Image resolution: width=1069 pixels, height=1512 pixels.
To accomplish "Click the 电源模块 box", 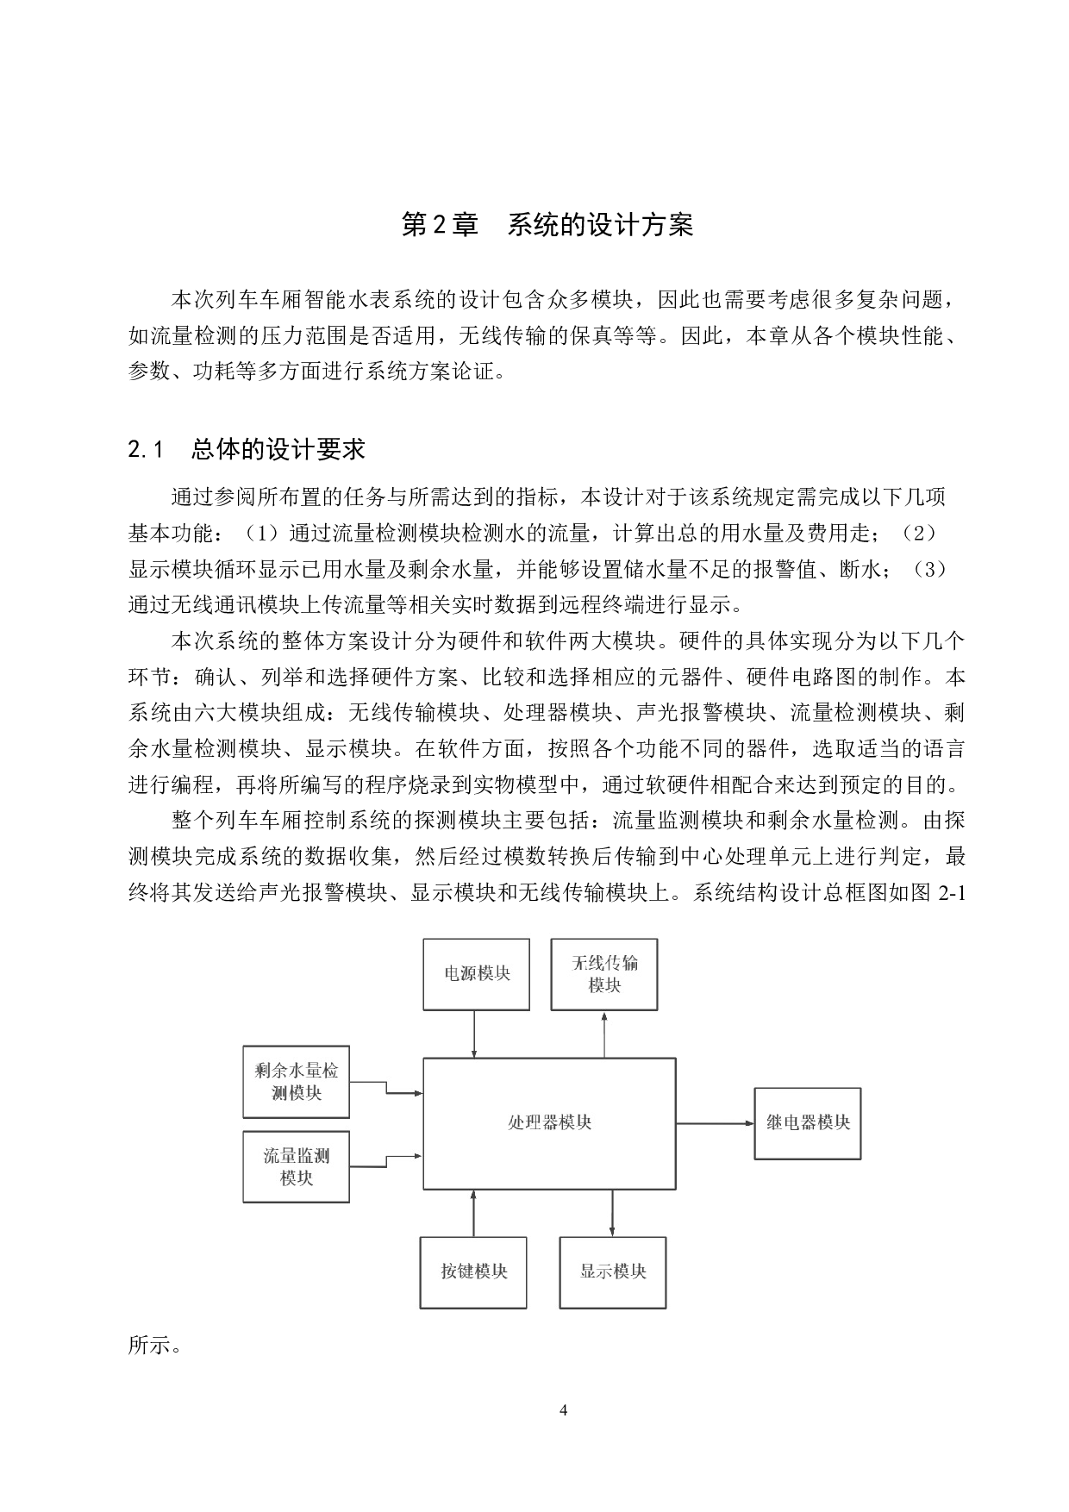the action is (476, 974).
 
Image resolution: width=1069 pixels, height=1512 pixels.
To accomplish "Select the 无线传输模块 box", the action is (604, 974).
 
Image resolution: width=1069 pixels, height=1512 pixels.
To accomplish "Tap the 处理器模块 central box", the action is (549, 1122).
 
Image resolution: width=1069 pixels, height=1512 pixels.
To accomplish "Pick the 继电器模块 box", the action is (808, 1123).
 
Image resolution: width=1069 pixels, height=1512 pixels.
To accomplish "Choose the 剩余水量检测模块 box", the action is (296, 1082).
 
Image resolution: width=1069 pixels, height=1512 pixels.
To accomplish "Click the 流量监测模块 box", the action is (296, 1167).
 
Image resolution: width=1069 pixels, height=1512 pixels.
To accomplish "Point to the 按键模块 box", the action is (473, 1272).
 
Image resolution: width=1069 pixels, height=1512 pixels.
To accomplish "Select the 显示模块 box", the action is (613, 1272).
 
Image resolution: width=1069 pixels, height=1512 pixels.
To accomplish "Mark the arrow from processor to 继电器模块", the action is (716, 1123).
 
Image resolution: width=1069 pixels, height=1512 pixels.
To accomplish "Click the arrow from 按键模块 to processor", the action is (473, 1213).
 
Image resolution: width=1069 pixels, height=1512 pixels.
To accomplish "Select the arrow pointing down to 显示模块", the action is (612, 1213).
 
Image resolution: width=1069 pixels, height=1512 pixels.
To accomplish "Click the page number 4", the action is (564, 1410).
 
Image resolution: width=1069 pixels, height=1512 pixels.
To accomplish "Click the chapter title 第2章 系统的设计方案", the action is (547, 225).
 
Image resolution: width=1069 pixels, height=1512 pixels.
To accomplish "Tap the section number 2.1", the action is (146, 449).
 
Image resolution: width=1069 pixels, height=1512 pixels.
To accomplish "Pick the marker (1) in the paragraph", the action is (259, 534).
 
